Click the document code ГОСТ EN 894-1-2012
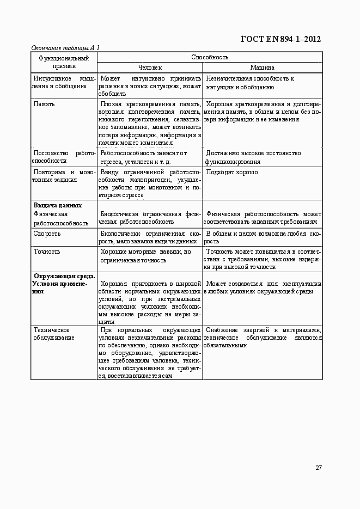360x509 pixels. tap(280, 39)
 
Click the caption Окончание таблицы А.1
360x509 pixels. tap(65, 48)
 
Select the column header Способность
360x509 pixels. tap(210, 57)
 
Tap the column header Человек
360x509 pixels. tap(150, 68)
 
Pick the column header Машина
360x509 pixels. tap(262, 68)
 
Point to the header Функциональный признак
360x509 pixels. tap(64, 62)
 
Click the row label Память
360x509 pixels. tap(44, 103)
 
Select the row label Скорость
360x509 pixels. tap(47, 234)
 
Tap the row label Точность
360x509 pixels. tap(47, 252)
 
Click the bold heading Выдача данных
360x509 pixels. tap(57, 205)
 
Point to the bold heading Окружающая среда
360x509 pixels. tap(64, 276)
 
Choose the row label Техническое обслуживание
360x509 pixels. tap(53, 334)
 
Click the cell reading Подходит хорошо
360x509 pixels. tap(232, 172)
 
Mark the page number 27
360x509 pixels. tap(318, 468)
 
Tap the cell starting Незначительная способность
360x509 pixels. tap(249, 83)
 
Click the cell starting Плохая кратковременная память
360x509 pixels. tap(150, 123)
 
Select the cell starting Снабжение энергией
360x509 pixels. tap(262, 338)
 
